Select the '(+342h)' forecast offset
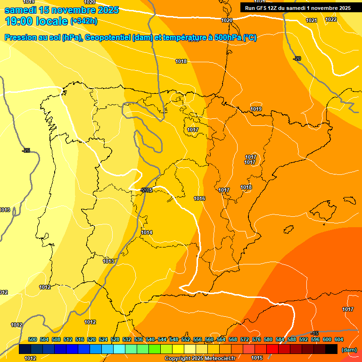(x=83, y=21)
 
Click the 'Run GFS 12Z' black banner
(x=297, y=8)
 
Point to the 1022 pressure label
(x=331, y=19)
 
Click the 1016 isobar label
(x=199, y=199)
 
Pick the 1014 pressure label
(x=147, y=232)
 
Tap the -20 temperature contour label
(x=296, y=58)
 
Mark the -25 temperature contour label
(x=26, y=150)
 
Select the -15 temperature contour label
(x=315, y=334)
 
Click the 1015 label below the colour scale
(x=257, y=358)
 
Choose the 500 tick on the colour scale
(x=33, y=339)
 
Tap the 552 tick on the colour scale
(x=186, y=339)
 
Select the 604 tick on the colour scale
(x=339, y=339)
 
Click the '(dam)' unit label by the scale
(x=348, y=349)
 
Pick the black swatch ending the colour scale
(x=331, y=349)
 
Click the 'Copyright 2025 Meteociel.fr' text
(x=199, y=358)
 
